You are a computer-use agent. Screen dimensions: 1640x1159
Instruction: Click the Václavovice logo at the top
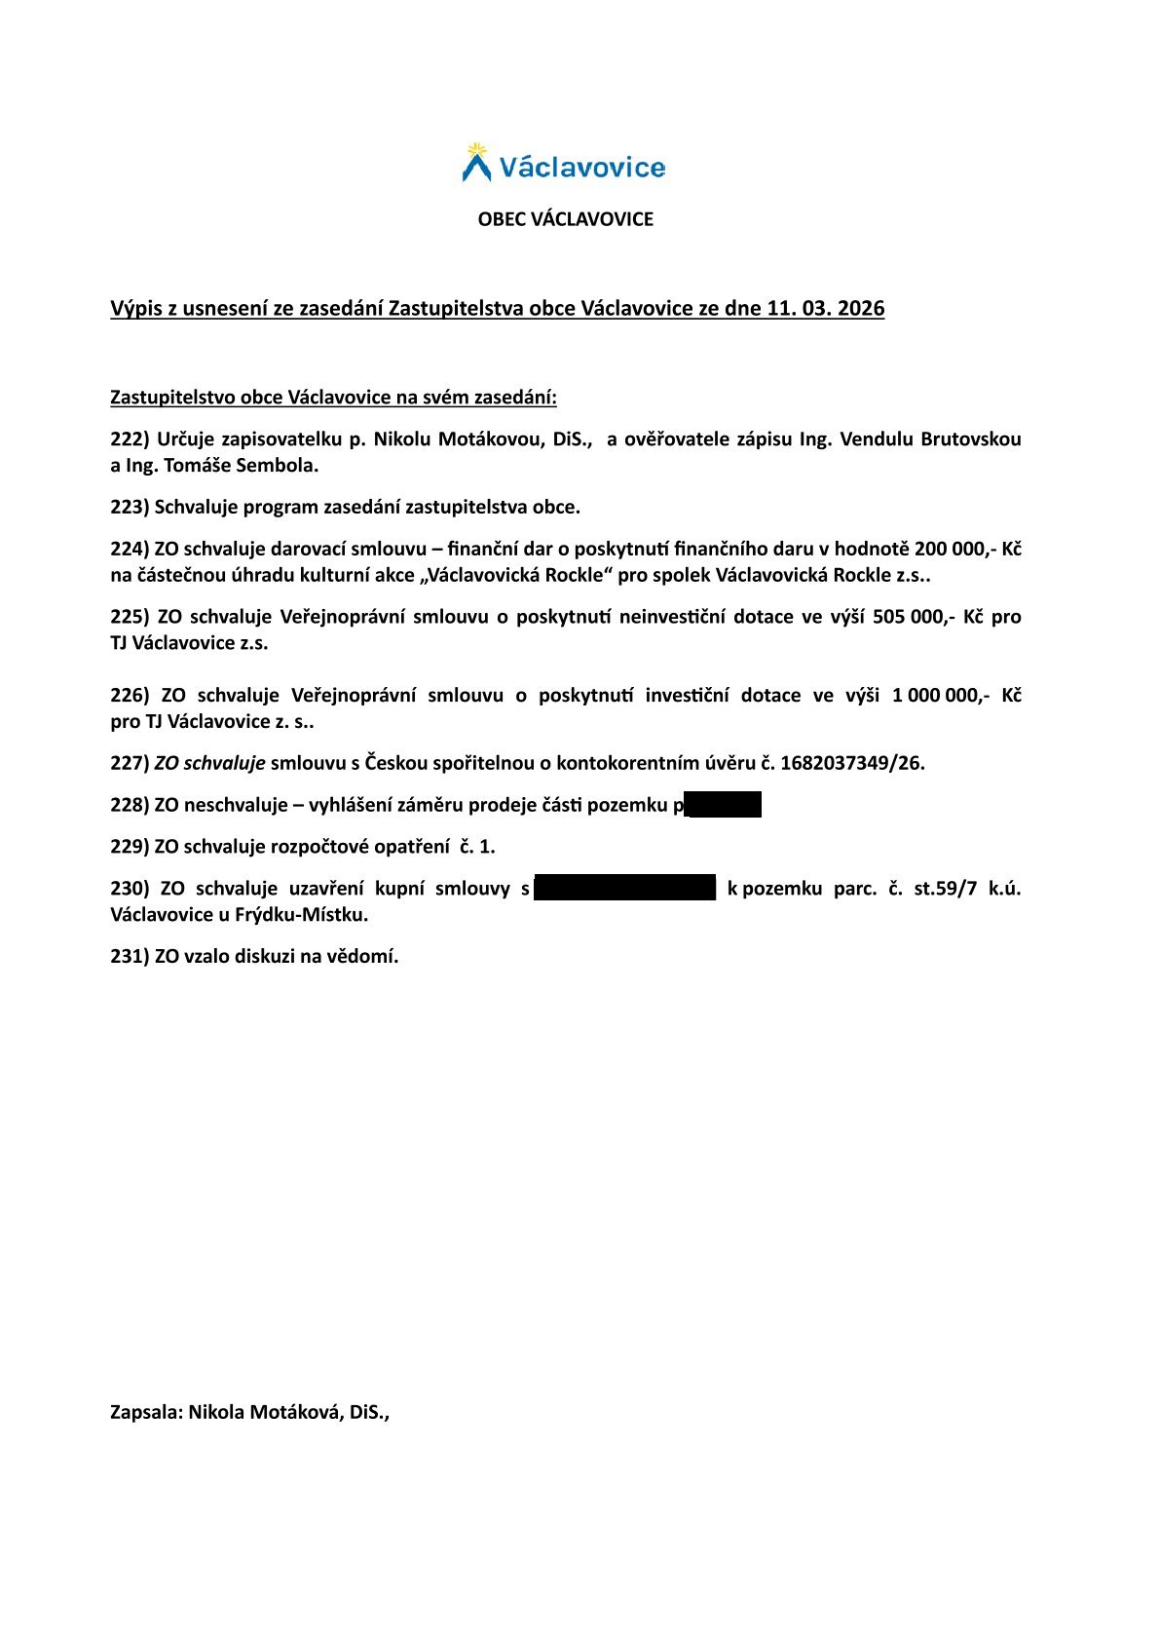564,164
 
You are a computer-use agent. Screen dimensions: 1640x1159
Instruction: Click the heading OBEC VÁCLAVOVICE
565,219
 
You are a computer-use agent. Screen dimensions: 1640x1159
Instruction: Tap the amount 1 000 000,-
940,696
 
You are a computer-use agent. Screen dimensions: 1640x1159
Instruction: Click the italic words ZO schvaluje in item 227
209,763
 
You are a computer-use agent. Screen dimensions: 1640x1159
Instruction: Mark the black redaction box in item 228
724,806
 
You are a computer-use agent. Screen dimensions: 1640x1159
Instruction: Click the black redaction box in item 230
624,888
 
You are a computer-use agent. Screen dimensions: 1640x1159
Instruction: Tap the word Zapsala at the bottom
145,1413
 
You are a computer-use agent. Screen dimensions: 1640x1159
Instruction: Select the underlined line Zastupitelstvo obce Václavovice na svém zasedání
333,398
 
